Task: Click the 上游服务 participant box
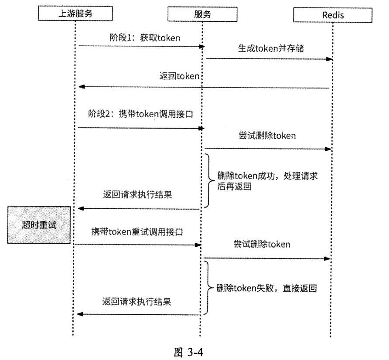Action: [75, 14]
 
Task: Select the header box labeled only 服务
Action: [202, 14]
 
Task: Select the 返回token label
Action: [179, 76]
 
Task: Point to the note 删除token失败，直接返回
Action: [269, 289]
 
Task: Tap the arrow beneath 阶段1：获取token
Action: [140, 46]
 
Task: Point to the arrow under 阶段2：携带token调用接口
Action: [140, 128]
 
